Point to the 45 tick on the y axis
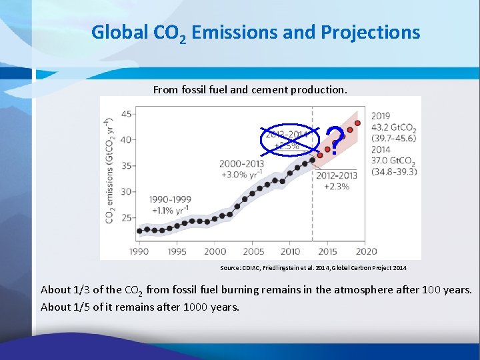point(127,114)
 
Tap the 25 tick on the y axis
point(127,217)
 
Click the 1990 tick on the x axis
point(139,251)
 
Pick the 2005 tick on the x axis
point(253,251)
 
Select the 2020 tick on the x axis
point(366,251)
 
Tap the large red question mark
point(337,142)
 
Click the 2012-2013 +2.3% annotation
point(337,181)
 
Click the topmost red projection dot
point(358,123)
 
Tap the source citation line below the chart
point(313,267)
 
